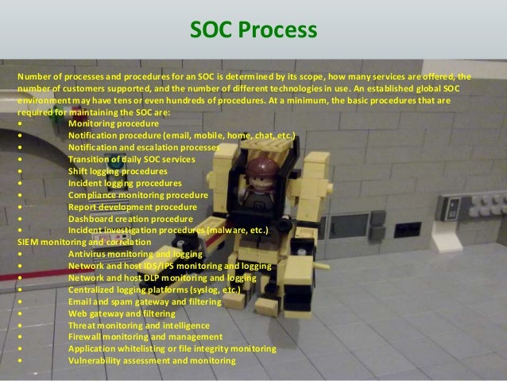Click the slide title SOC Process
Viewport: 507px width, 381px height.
click(253, 31)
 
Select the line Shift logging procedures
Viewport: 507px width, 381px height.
click(118, 171)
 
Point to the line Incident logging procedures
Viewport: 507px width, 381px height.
click(123, 183)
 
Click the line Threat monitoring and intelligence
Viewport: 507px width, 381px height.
click(139, 326)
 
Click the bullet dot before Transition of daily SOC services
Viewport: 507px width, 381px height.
click(18, 160)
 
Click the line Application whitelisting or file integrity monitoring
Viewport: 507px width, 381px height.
click(172, 349)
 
